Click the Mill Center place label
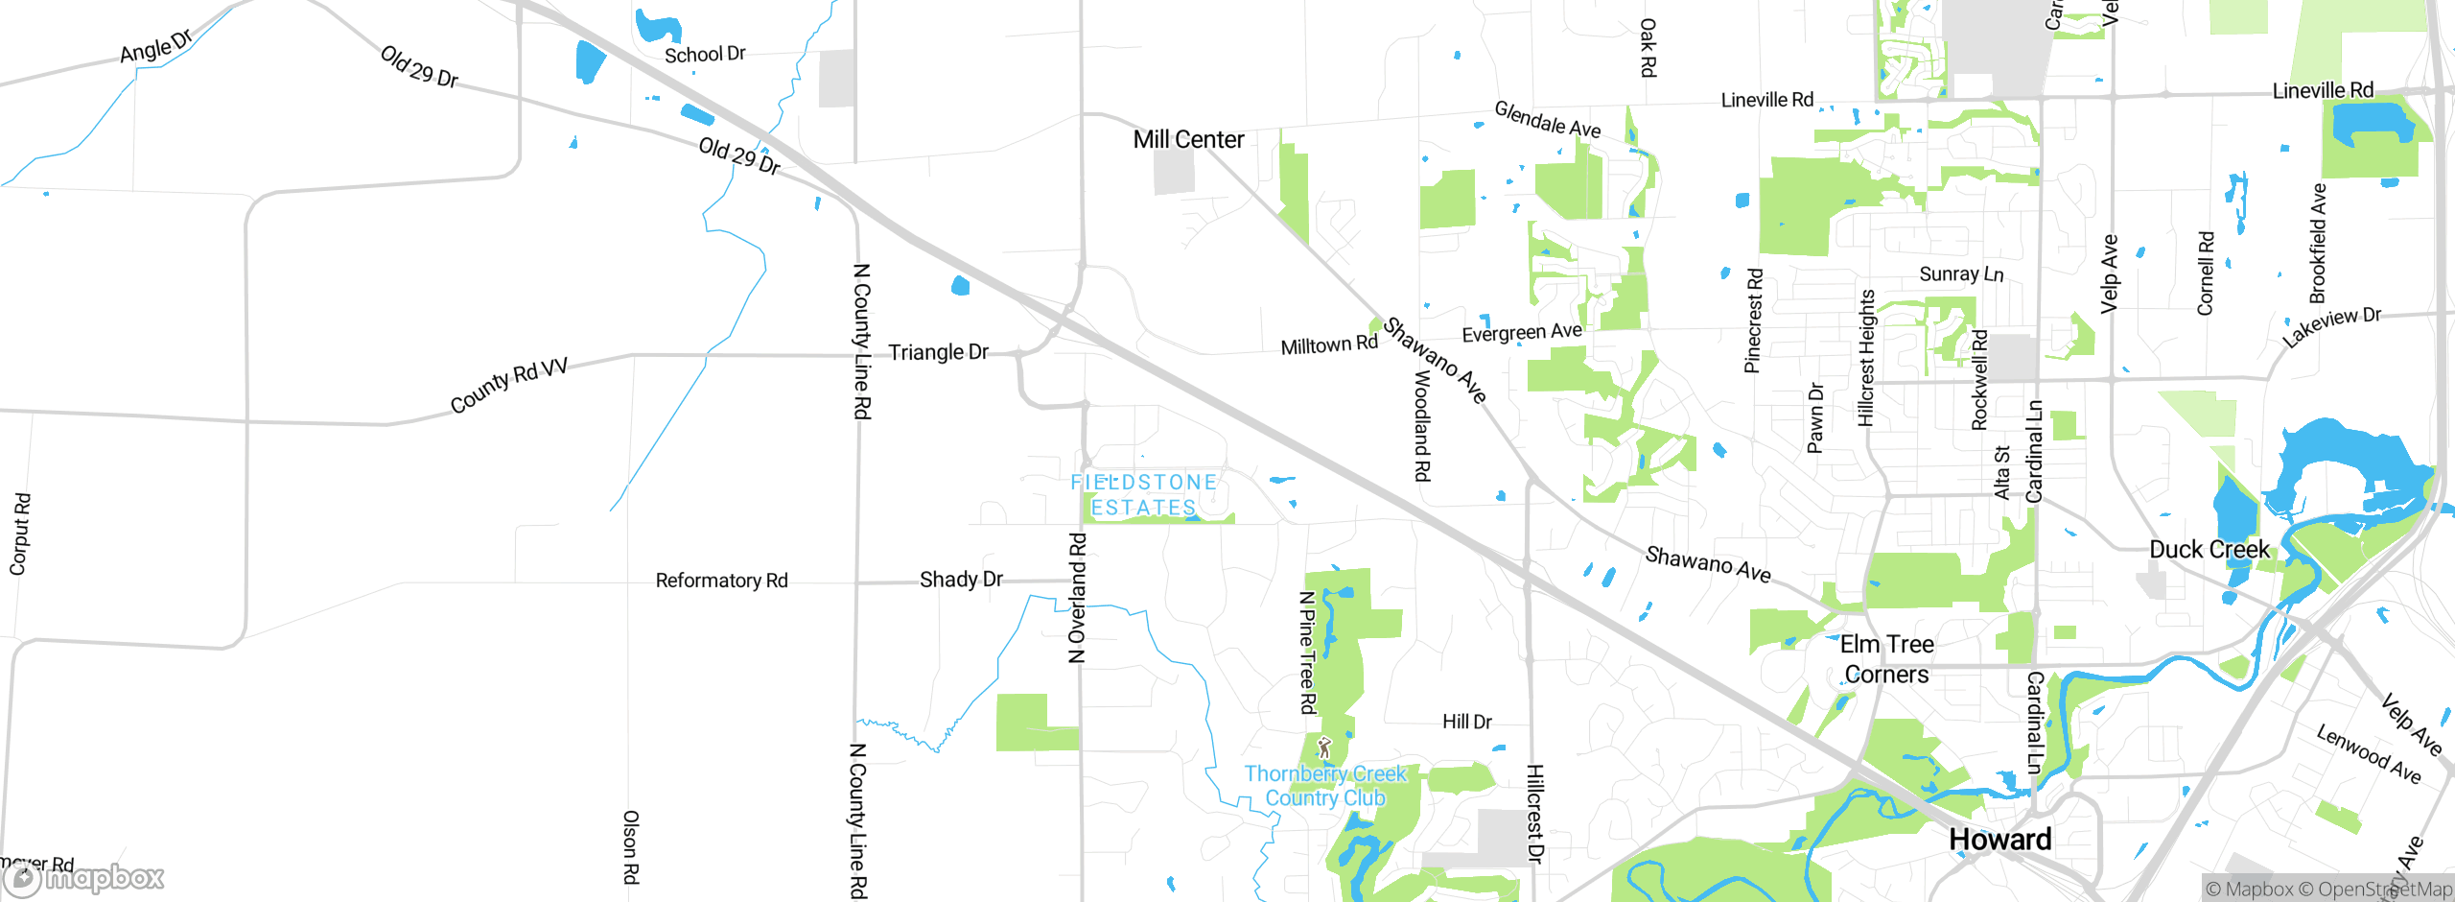[x=1188, y=140]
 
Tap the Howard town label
[x=1999, y=840]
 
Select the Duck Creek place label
[x=2209, y=550]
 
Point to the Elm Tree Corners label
[x=1886, y=659]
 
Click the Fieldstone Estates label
[x=1143, y=494]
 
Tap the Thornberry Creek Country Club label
[x=1324, y=786]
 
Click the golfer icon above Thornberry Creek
[x=1324, y=748]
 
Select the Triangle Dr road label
[x=938, y=352]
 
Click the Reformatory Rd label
[x=721, y=581]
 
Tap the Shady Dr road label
[x=961, y=580]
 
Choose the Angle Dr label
[x=156, y=46]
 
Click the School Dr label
[x=705, y=55]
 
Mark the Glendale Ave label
[x=1547, y=120]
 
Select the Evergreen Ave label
[x=1522, y=333]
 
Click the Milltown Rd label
[x=1329, y=345]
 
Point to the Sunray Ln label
[x=1961, y=274]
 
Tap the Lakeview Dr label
[x=2330, y=327]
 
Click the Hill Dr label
[x=1467, y=722]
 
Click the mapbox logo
[x=84, y=878]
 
